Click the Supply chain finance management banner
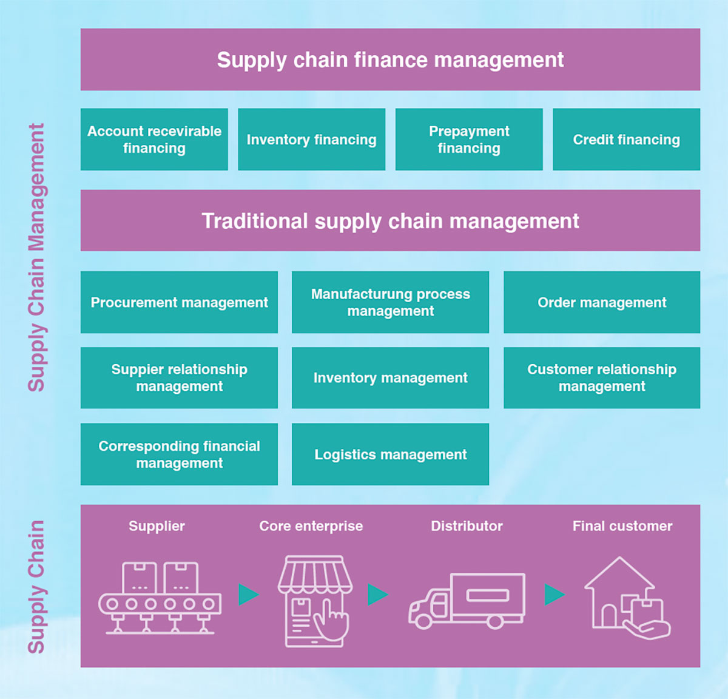[x=390, y=59]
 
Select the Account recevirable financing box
[x=154, y=140]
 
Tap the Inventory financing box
[x=311, y=140]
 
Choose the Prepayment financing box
[x=469, y=140]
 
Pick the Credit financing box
[x=626, y=140]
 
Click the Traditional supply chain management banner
[x=390, y=220]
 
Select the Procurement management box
[x=179, y=302]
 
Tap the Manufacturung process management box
[x=390, y=302]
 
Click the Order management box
[x=602, y=302]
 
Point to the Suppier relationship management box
[x=179, y=377]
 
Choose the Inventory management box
[x=390, y=377]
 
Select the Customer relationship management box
[x=602, y=377]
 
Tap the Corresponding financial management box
[x=179, y=454]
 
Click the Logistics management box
[x=390, y=454]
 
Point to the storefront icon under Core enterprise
[x=315, y=601]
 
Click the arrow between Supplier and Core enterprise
[x=248, y=595]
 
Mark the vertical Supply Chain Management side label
[x=36, y=257]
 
